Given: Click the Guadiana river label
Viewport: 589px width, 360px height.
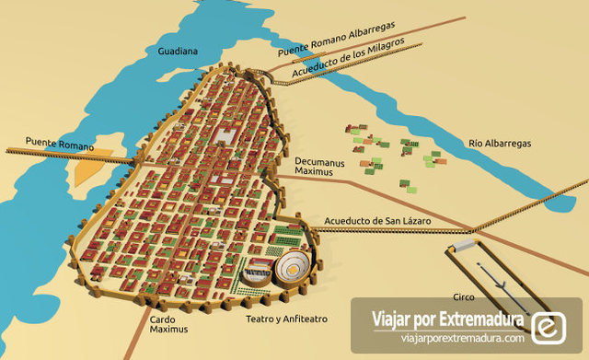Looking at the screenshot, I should (x=178, y=52).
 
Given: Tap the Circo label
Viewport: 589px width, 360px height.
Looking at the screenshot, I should (x=463, y=297).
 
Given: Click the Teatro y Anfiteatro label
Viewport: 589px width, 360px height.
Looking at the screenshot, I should (x=285, y=319).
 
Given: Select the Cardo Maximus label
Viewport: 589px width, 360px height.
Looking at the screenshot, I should (x=167, y=324).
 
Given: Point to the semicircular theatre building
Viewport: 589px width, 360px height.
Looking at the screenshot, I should (x=259, y=273).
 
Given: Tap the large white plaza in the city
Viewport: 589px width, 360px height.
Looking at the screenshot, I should (x=224, y=137).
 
